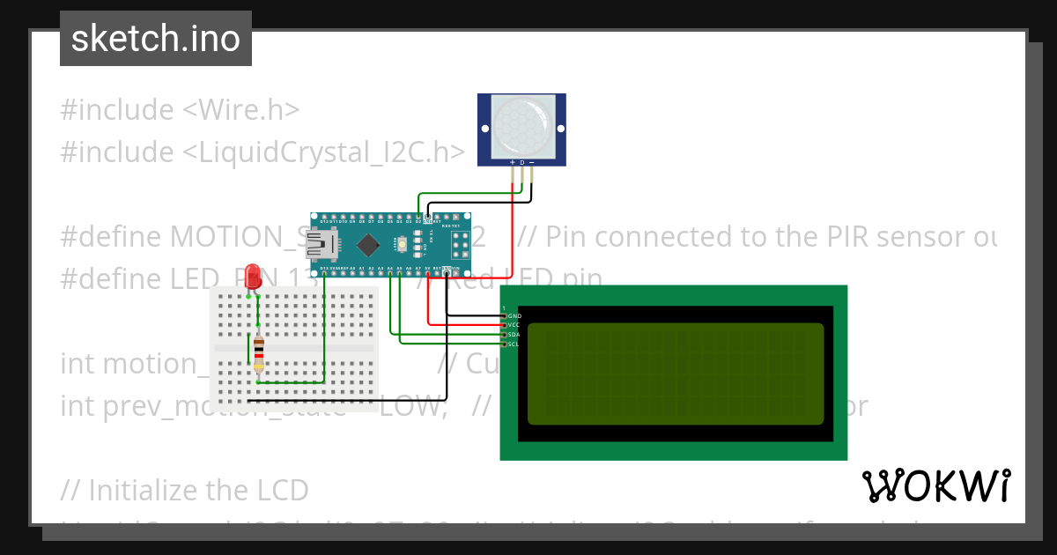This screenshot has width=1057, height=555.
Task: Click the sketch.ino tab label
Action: tap(156, 39)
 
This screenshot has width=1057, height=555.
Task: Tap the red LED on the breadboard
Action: tap(254, 277)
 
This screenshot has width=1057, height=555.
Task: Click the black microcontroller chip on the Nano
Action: tap(368, 243)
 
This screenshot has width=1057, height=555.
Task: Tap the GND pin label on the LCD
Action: tap(515, 315)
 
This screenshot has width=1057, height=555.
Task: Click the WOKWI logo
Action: tap(935, 485)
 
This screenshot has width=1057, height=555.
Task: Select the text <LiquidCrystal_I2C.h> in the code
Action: tap(324, 152)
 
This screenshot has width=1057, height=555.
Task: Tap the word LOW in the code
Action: tap(410, 406)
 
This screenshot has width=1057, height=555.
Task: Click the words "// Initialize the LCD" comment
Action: tap(185, 490)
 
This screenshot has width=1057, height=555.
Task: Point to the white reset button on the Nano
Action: tap(402, 243)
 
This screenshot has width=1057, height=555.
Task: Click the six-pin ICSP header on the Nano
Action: tap(459, 243)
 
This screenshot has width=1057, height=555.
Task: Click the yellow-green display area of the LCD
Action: tap(676, 374)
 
